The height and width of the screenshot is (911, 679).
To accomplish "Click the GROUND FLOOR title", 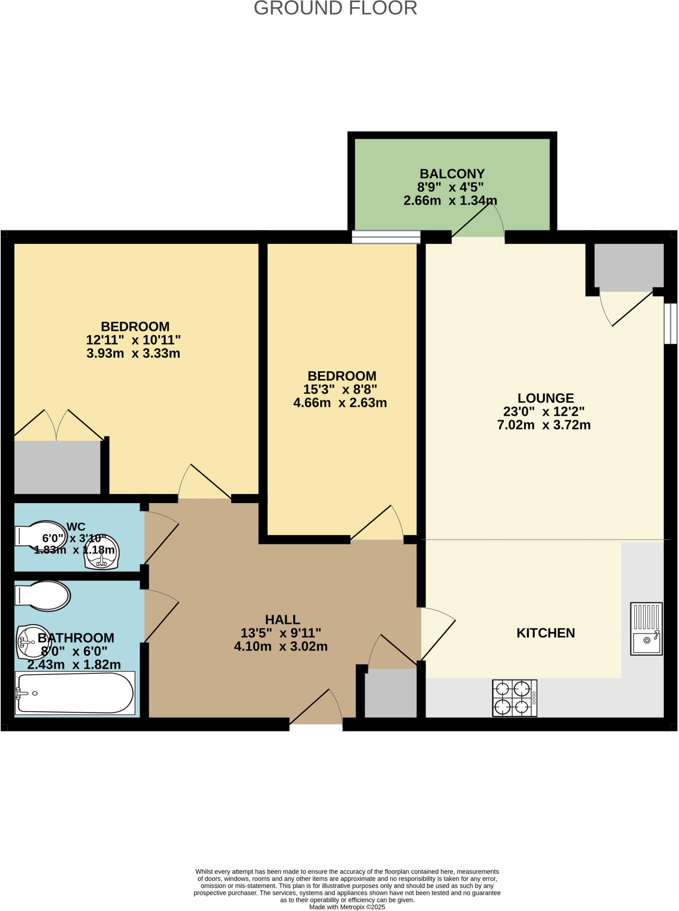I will pyautogui.click(x=335, y=8).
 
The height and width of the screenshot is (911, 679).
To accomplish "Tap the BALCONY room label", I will pyautogui.click(x=452, y=173).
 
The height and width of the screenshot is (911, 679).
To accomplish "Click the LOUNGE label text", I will pyautogui.click(x=546, y=398).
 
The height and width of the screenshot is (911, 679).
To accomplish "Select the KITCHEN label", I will pyautogui.click(x=546, y=633).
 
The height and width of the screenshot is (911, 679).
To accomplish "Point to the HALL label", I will pyautogui.click(x=282, y=619).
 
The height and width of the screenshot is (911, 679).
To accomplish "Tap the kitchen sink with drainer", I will pyautogui.click(x=646, y=628).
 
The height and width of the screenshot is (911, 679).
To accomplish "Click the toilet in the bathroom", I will pyautogui.click(x=42, y=595).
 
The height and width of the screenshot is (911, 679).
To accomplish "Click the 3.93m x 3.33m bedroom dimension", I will pyautogui.click(x=133, y=354).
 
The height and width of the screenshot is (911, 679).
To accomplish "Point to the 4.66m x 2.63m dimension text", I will pyautogui.click(x=340, y=403).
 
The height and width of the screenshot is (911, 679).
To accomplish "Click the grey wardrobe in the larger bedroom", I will pyautogui.click(x=57, y=467).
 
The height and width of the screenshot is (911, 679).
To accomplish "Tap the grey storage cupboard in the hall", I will pyautogui.click(x=390, y=693).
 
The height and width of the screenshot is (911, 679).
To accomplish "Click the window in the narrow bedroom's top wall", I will pyautogui.click(x=386, y=237).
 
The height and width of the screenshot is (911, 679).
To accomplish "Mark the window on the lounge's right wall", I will pyautogui.click(x=671, y=323).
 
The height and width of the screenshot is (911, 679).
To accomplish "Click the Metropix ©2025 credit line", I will pyautogui.click(x=347, y=907).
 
